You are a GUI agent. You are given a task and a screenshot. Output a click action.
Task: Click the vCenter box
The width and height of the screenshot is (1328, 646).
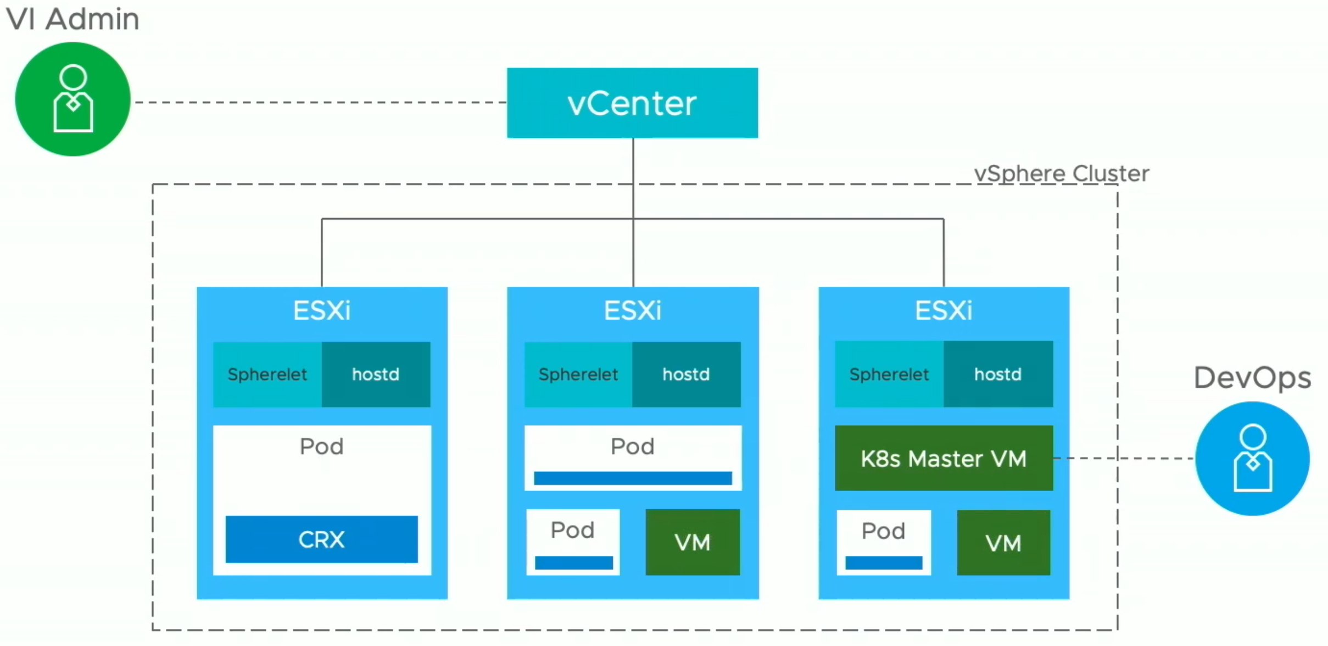point(632,103)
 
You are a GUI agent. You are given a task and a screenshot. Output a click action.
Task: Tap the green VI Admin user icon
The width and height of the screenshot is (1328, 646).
point(73,99)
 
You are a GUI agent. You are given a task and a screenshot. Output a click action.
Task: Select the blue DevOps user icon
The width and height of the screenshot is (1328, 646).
point(1252,459)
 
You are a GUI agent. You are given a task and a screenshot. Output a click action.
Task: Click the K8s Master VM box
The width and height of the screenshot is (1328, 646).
point(944,458)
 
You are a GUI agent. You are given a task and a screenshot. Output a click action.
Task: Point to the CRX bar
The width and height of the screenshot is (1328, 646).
point(321,539)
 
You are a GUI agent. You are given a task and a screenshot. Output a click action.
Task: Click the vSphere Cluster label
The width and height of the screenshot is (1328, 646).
point(1062,174)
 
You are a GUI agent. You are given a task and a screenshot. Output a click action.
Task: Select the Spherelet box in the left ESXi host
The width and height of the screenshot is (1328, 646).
point(267,375)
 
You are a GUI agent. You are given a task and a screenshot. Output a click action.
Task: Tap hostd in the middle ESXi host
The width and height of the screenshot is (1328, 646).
point(686,375)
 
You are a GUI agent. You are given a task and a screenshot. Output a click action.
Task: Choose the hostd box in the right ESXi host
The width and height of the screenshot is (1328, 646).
point(998,374)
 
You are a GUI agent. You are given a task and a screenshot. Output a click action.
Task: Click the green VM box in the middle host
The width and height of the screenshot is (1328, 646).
point(693,542)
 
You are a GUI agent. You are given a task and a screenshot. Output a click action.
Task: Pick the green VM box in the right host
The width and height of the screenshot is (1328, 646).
point(1003,543)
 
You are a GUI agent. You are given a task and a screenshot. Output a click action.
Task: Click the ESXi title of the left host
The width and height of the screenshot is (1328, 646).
point(322,310)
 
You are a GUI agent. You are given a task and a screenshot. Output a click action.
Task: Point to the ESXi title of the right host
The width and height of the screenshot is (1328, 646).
point(944,310)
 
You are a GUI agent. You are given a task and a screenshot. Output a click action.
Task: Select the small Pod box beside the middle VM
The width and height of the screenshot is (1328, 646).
point(573,542)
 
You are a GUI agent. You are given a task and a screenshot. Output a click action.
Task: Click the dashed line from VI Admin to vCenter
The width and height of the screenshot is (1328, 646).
point(321,102)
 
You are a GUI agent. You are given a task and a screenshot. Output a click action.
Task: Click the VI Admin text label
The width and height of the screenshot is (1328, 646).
point(72,19)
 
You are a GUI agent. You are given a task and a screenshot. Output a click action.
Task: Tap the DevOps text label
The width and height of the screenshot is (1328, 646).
point(1252,378)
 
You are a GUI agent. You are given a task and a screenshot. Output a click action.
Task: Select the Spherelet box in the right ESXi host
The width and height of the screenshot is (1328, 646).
point(889,374)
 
